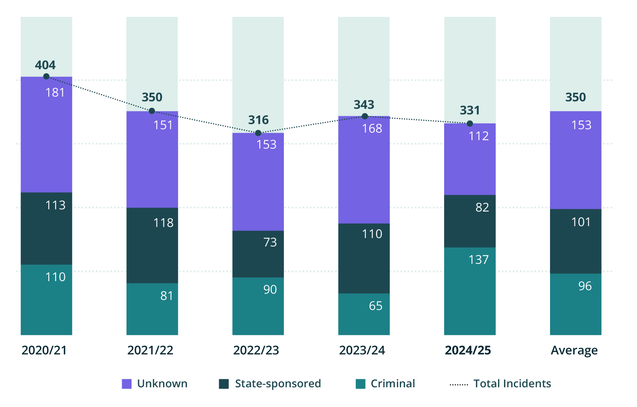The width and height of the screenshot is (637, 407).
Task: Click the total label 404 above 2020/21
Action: pos(45,65)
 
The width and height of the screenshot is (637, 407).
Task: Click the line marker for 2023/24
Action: pos(365,116)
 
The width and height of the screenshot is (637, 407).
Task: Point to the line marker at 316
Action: pos(258,133)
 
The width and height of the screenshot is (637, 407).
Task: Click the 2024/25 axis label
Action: pos(468,350)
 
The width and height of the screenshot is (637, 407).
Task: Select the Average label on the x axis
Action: pos(574,350)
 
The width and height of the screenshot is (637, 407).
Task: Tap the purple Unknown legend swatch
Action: pos(126,384)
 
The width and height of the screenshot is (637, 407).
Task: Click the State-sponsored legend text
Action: pos(278,384)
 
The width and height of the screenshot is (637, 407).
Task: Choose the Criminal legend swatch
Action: pos(360,384)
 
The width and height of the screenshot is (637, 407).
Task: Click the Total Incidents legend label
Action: pos(512,384)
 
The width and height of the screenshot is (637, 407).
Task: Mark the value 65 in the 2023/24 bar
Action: pos(375,306)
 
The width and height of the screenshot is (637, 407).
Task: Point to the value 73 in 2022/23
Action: pos(270,242)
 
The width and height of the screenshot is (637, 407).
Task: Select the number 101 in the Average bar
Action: pos(581,222)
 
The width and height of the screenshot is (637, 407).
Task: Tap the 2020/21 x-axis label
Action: pos(44,350)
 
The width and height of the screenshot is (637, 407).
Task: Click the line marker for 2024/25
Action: pos(470,123)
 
